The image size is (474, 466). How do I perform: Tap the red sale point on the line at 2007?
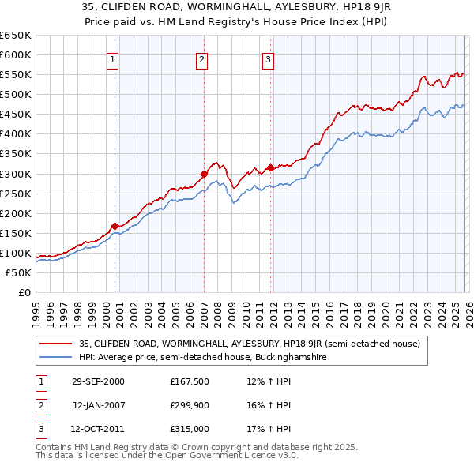coord(204,174)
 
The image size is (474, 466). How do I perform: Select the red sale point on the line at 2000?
coord(115,226)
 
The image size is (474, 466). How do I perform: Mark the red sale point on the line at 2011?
coord(270,167)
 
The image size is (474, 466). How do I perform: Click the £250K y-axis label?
coord(16,194)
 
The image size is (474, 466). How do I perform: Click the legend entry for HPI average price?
coord(202,357)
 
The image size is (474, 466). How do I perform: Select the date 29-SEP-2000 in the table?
coord(98,381)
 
